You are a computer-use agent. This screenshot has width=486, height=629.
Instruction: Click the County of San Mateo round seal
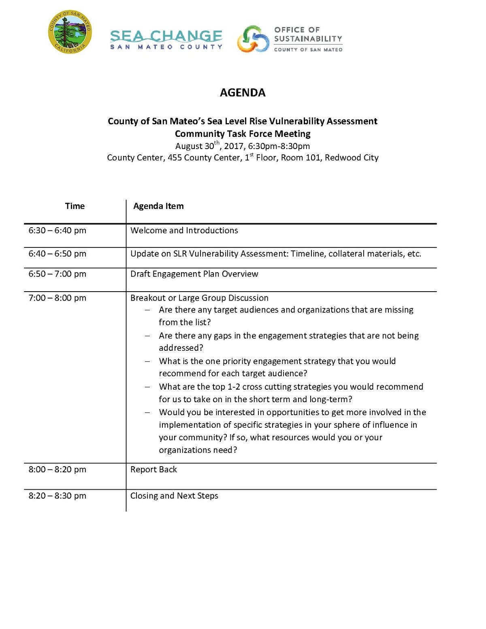coord(70,32)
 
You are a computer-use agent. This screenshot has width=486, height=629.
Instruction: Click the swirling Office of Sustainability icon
coord(253,39)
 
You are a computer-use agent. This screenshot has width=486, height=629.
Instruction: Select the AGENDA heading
coord(243,93)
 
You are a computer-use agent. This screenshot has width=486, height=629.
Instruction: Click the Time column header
coord(75,206)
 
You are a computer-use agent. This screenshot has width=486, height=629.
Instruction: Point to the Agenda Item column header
coord(158,206)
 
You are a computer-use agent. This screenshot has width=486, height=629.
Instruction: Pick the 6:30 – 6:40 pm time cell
coord(58,230)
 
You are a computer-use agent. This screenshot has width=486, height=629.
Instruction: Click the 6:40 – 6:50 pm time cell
coord(58,254)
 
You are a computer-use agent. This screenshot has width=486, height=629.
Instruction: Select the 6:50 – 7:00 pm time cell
coord(58,274)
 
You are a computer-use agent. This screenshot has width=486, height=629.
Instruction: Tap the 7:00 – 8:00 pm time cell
coord(58,298)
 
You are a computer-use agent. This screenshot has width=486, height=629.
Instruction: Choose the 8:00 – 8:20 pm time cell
coord(58,469)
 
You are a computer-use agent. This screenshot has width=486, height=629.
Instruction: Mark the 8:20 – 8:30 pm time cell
coord(58,496)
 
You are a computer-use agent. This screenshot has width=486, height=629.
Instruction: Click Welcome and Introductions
coord(184,230)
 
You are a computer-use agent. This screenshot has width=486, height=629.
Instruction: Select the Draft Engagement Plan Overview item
coord(194,274)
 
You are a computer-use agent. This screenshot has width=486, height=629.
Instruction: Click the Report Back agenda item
coord(154,469)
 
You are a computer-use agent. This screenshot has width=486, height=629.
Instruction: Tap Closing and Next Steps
coord(174,496)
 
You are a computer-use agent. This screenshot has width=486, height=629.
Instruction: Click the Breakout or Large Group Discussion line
coord(199,298)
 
